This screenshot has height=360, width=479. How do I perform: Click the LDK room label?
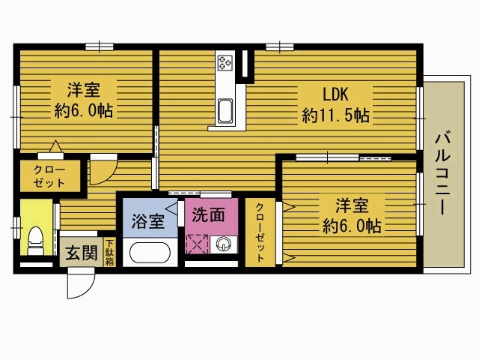click(335, 94)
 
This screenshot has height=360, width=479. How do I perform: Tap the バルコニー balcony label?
click(442, 172)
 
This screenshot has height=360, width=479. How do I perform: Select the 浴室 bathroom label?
click(148, 220)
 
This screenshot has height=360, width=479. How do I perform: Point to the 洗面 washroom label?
click(208, 214)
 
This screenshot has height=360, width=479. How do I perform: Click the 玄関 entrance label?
click(82, 253)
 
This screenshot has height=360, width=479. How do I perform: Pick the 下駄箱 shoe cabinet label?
click(109, 253)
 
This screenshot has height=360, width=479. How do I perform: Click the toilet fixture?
click(35, 241)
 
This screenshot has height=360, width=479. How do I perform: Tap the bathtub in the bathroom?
click(150, 253)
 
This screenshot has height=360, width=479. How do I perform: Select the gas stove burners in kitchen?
click(225, 63)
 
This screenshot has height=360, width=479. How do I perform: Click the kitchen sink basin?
click(225, 111)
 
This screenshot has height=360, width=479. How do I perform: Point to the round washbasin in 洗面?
click(223, 244)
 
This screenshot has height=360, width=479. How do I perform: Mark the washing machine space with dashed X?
click(197, 244)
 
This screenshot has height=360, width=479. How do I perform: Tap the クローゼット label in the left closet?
click(49, 176)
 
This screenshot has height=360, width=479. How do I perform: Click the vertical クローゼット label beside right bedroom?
click(260, 233)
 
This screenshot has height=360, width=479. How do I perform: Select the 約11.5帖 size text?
click(335, 115)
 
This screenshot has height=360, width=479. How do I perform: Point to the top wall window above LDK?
click(279, 47)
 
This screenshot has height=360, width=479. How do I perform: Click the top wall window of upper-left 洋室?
click(100, 46)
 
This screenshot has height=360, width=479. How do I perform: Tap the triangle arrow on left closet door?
click(55, 146)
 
